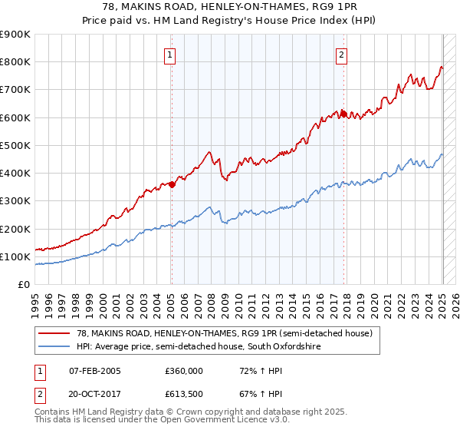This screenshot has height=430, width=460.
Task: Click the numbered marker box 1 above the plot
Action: coord(170,54)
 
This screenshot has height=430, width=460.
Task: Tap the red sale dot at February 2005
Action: coord(172,184)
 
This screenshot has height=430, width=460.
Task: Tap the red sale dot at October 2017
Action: coord(343,114)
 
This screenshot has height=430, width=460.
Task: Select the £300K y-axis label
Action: coord(16,201)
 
